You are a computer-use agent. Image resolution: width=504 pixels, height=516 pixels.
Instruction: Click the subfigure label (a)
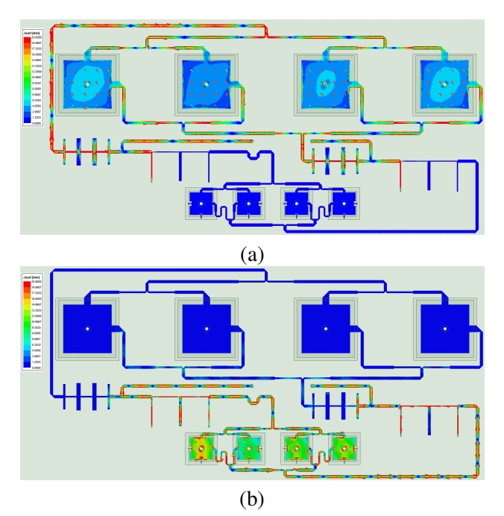(252, 254)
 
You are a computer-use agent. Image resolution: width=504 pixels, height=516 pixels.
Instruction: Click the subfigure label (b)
(252, 497)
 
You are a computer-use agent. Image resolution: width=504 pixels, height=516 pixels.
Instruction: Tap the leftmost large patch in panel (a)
(87, 84)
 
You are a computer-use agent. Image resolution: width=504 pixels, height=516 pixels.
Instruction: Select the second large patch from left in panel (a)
(207, 84)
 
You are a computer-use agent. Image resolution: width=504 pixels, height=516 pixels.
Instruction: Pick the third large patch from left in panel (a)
(326, 84)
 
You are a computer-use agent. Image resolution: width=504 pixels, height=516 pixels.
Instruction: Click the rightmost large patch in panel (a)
(445, 84)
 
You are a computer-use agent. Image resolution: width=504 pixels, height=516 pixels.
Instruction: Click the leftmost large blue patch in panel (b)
(87, 328)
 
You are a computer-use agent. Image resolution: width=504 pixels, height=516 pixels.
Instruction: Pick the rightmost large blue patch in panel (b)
(445, 328)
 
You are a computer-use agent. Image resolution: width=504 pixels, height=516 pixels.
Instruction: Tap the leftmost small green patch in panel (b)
(201, 447)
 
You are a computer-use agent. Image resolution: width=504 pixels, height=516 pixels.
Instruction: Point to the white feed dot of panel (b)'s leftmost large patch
(87, 328)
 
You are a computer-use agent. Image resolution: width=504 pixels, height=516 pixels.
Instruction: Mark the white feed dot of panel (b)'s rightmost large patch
(445, 328)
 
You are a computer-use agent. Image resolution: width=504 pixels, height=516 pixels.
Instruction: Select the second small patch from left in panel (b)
(248, 447)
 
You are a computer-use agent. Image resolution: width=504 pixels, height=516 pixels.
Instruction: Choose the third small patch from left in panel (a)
(297, 202)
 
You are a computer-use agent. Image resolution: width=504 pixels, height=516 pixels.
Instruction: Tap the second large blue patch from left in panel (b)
(207, 328)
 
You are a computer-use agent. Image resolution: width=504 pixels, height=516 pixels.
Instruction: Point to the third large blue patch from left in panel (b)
(326, 328)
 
